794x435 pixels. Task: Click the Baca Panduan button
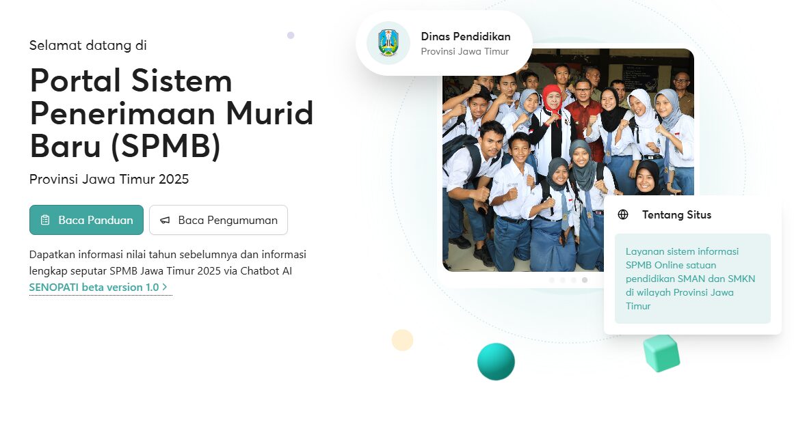click(x=87, y=220)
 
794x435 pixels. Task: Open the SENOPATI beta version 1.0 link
click(x=98, y=287)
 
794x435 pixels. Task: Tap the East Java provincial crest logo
click(x=388, y=43)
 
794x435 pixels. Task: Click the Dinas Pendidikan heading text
click(x=466, y=36)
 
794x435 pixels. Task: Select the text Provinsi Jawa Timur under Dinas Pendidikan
click(x=465, y=52)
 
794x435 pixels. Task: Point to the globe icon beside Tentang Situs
click(x=623, y=214)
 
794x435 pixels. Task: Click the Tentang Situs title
click(x=676, y=215)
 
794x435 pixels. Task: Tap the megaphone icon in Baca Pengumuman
click(x=165, y=220)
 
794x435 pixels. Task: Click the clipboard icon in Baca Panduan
click(x=45, y=220)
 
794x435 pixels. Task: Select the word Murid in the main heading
click(x=269, y=113)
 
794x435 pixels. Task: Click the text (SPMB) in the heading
click(x=166, y=146)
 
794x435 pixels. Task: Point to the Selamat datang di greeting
click(x=88, y=46)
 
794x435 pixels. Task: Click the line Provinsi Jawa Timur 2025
click(x=109, y=179)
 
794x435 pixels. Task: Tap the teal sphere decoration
click(x=497, y=362)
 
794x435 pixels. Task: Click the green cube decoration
click(x=661, y=353)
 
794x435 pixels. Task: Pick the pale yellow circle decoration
click(x=403, y=340)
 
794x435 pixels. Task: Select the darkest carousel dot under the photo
click(x=585, y=280)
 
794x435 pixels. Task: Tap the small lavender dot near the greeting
click(x=291, y=36)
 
